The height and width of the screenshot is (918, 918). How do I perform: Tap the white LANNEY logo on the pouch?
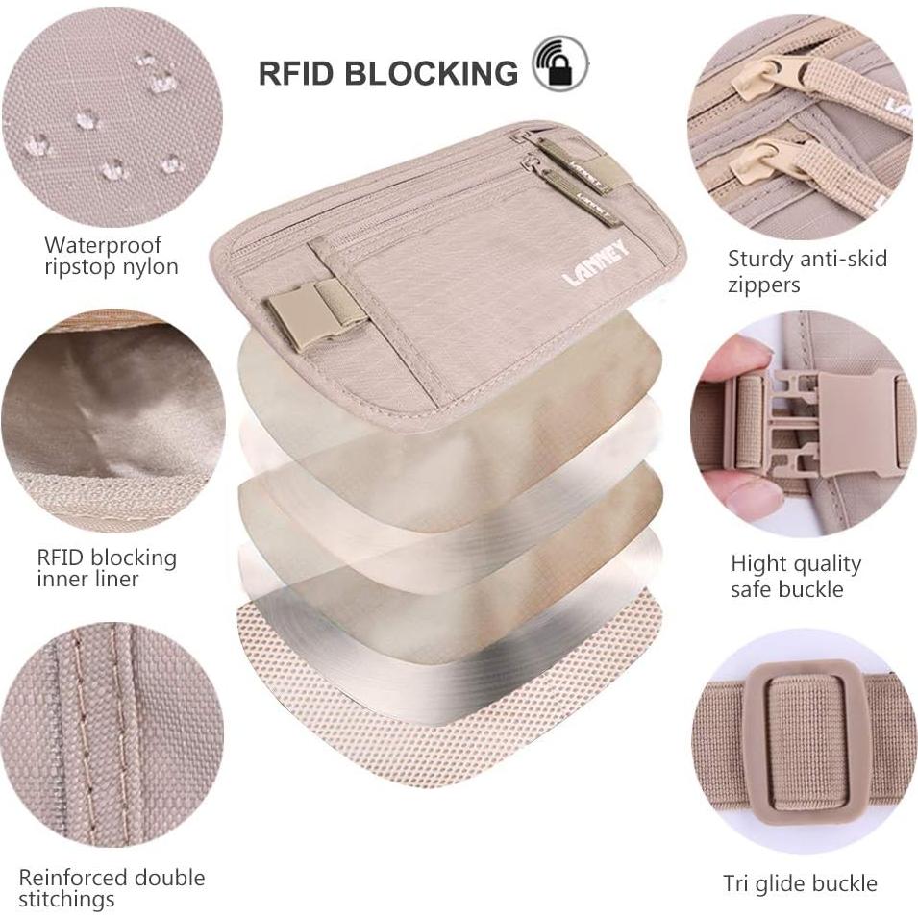coord(595,263)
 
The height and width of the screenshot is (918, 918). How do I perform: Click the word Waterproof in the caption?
coord(103,245)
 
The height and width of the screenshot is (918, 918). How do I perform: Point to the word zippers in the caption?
coord(764,285)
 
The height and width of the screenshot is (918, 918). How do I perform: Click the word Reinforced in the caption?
coord(73,878)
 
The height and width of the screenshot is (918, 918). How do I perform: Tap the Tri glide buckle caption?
coord(800,883)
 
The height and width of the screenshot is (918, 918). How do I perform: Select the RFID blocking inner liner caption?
coord(107,568)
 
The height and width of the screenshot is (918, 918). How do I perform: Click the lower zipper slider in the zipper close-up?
coord(765,159)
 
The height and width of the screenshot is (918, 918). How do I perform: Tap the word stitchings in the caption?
coord(66,900)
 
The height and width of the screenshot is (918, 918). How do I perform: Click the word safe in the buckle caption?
coord(752,588)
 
